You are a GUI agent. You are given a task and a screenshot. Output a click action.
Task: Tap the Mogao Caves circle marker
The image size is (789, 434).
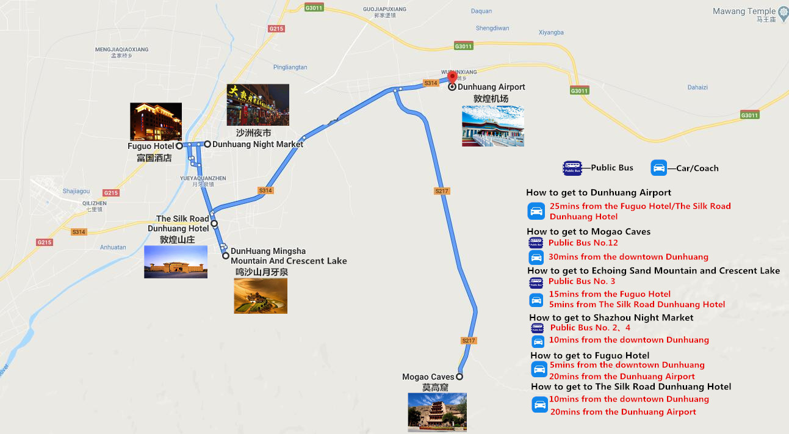(x=459, y=377)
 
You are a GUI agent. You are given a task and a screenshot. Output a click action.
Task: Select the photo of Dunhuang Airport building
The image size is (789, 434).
(x=492, y=126)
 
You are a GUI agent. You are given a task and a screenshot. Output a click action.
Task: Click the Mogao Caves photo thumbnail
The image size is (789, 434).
(x=437, y=412)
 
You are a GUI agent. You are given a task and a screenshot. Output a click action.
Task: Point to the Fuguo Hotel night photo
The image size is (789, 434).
(x=156, y=121)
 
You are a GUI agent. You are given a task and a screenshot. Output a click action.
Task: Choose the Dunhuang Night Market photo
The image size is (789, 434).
(x=258, y=105)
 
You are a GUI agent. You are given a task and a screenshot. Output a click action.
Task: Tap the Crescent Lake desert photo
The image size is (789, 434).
(x=261, y=295)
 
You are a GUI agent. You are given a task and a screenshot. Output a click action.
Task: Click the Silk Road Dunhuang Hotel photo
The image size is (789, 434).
(x=176, y=262)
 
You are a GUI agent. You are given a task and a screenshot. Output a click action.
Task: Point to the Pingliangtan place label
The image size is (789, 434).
(x=290, y=67)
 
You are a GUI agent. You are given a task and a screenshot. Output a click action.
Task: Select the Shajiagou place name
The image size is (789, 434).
(x=76, y=191)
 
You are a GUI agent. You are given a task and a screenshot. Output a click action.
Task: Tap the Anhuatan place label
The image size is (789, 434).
(x=113, y=247)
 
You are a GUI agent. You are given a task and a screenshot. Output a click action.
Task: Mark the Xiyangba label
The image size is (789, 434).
(x=551, y=32)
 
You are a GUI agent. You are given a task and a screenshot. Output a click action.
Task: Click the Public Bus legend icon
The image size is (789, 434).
(x=572, y=168)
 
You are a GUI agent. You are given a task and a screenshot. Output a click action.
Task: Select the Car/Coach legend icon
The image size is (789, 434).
(x=659, y=168)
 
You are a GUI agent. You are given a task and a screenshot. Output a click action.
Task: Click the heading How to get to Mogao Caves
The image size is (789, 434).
(x=588, y=231)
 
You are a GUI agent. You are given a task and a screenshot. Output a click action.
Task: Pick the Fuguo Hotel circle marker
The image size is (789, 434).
(x=179, y=146)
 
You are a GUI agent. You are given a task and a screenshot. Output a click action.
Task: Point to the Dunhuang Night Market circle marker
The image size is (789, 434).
(x=207, y=144)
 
